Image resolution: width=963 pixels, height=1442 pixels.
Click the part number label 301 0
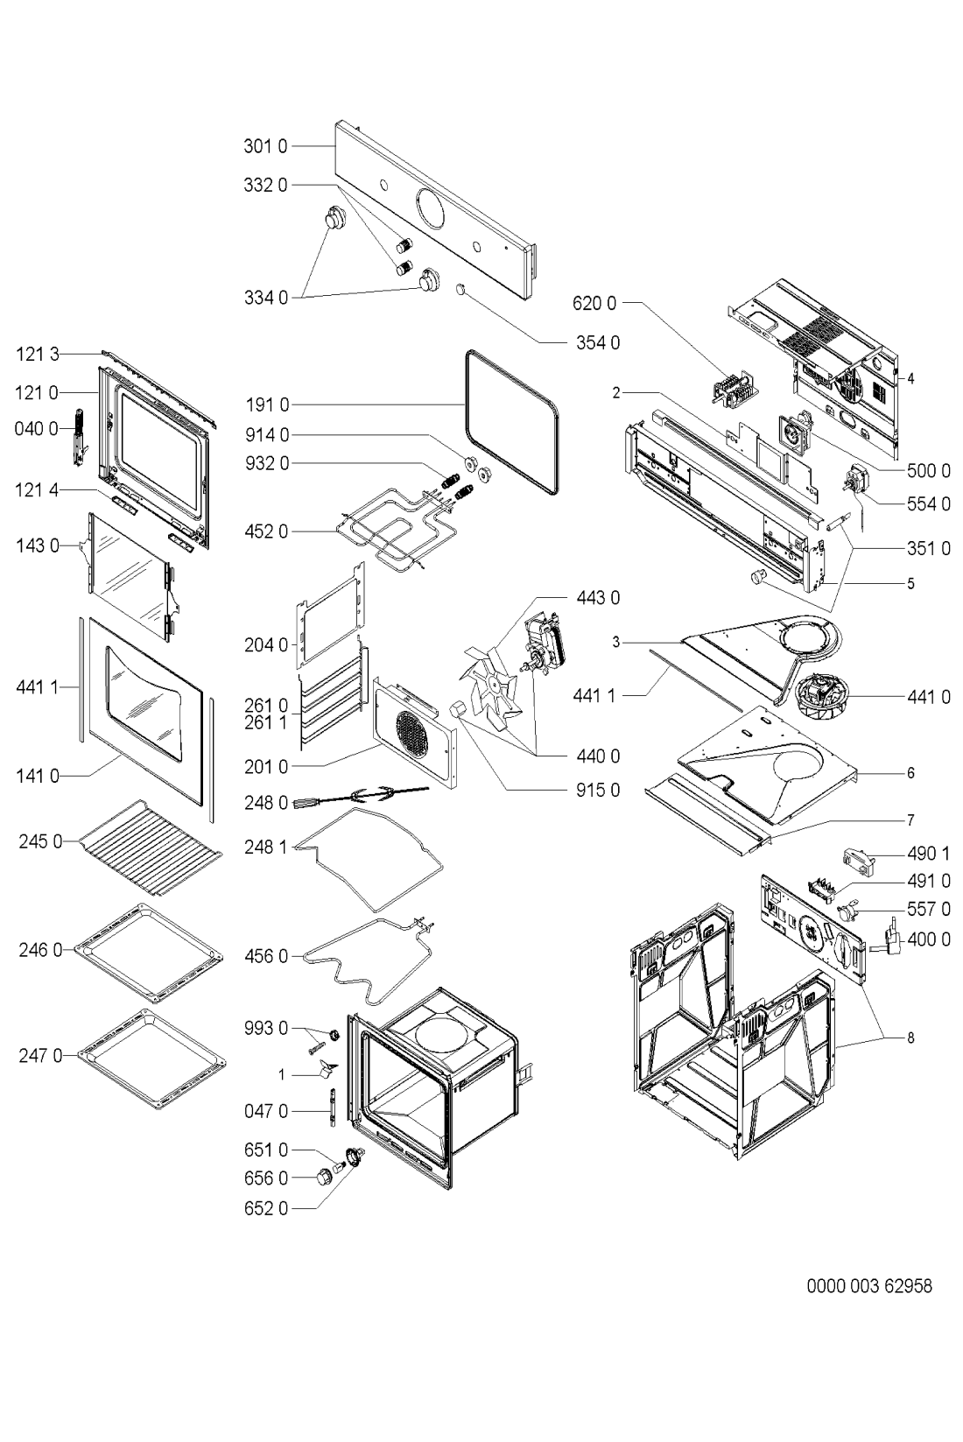click(x=265, y=147)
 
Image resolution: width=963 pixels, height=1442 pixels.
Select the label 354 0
click(x=598, y=343)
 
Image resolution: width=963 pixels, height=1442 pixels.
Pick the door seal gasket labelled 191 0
click(x=512, y=423)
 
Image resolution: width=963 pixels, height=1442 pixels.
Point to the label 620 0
click(x=594, y=303)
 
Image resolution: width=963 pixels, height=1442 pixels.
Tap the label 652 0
click(x=266, y=1209)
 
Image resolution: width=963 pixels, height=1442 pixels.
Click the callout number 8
click(x=910, y=1038)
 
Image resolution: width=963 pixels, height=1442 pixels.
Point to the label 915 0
click(x=598, y=790)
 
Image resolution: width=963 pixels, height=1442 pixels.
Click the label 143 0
click(x=38, y=546)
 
